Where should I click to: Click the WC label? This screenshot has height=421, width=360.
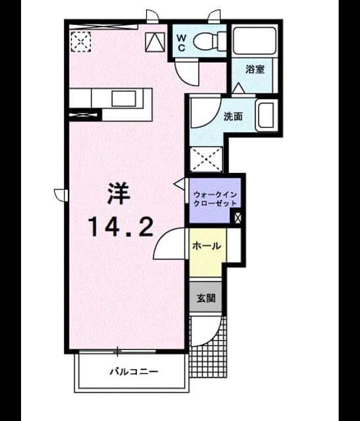tap(182, 43)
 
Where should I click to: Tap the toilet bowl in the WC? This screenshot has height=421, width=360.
tap(209, 41)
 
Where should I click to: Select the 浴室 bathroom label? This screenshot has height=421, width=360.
tap(255, 70)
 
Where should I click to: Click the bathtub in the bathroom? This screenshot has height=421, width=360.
tap(255, 40)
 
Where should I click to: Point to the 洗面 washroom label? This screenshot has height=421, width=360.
tap(233, 116)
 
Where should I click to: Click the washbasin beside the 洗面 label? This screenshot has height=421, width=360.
tap(267, 115)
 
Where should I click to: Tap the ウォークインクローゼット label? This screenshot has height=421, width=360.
tap(215, 199)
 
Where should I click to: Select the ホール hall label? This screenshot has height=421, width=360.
tap(207, 245)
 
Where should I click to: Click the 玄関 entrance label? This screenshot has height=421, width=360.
tap(206, 298)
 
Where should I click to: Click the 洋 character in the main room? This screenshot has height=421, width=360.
tap(118, 193)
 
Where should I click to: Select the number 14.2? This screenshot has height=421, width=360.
tap(121, 227)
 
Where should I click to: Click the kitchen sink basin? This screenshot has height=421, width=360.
tap(124, 99)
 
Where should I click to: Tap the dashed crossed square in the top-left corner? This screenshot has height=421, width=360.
tap(80, 41)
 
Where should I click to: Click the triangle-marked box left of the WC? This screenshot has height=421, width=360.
tap(155, 42)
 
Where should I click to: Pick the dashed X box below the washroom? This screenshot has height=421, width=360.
tap(207, 159)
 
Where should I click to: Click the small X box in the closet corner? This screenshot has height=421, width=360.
tap(238, 218)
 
